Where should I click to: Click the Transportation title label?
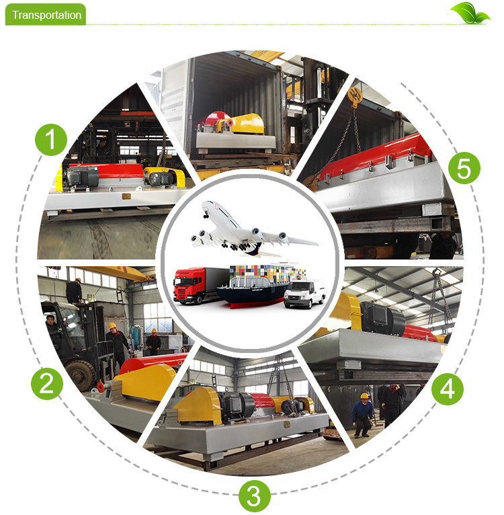[46, 15]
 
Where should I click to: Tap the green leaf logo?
[470, 13]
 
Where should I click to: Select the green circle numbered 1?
[51, 140]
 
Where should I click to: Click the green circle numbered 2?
[47, 383]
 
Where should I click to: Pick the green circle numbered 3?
[255, 496]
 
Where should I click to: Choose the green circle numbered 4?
[447, 389]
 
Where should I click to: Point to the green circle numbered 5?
[464, 168]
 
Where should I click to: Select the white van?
[304, 294]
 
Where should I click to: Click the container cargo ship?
[259, 286]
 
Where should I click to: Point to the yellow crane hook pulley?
[354, 97]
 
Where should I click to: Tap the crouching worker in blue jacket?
[362, 415]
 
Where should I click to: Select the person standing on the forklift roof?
[74, 290]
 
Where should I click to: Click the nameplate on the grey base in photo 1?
[126, 196]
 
